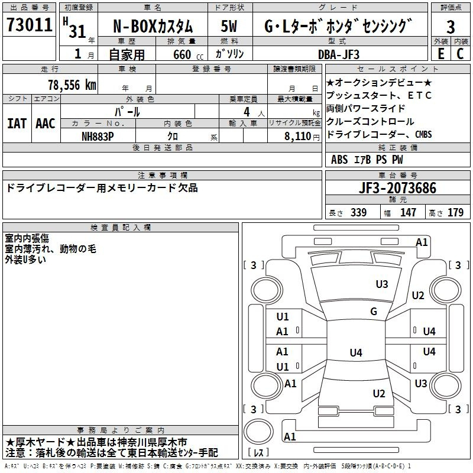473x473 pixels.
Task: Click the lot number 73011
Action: [30, 27]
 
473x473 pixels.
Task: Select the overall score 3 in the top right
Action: [451, 27]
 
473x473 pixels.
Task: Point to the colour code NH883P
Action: [99, 136]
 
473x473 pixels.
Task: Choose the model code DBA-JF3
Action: [338, 54]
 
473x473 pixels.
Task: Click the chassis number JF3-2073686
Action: [397, 189]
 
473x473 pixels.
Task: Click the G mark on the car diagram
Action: [374, 312]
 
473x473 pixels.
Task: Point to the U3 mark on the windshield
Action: [382, 284]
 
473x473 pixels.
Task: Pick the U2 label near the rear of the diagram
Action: [379, 394]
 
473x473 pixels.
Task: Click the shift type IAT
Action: [17, 124]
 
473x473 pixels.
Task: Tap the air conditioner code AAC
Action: [46, 124]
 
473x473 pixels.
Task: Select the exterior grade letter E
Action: [440, 53]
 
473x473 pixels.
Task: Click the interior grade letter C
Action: [461, 53]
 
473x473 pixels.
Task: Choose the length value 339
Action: [358, 213]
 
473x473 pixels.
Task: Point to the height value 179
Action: [455, 213]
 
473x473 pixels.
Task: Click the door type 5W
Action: [229, 27]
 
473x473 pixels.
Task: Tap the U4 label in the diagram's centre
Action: [355, 353]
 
